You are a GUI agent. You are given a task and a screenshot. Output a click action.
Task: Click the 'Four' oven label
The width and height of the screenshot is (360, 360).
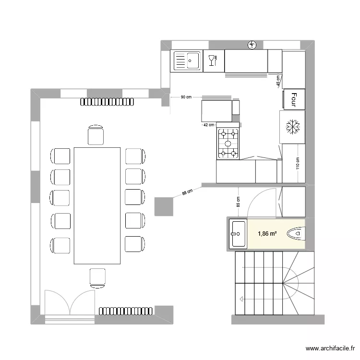pos(294,99)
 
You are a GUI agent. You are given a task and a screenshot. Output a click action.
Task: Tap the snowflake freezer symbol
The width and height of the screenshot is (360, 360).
pos(293,127)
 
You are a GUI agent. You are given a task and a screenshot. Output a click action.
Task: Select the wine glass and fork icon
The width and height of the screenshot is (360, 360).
pos(213,60)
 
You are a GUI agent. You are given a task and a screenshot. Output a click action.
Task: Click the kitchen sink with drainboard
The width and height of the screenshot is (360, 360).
pos(186,61)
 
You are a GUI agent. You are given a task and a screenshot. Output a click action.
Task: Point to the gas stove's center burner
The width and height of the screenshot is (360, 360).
pos(228,144)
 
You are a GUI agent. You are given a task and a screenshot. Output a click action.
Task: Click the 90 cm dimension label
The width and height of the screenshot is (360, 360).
pos(186,97)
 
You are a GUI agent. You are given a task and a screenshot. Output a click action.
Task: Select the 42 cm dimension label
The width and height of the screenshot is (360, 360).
pos(209,125)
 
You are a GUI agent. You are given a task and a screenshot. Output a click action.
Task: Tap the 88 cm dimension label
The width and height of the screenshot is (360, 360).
pos(187,192)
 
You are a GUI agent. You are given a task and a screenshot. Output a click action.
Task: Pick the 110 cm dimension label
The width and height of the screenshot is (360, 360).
pos(298,163)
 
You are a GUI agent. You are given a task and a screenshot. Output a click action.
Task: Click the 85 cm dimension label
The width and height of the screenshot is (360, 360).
pos(238,202)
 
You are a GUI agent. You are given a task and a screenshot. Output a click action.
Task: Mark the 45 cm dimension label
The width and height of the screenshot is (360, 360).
pos(278,81)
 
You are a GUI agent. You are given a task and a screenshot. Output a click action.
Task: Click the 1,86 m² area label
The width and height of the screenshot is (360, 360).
pos(267,234)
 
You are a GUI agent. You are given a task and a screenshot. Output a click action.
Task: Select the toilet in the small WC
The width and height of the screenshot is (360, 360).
pos(296,234)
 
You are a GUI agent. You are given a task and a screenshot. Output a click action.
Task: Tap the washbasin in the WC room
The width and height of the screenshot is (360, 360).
pos(238,234)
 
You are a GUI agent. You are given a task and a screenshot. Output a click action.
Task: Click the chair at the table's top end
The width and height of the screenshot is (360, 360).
pos(96,135)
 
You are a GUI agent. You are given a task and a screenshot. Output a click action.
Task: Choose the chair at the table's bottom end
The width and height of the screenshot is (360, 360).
pos(97,278)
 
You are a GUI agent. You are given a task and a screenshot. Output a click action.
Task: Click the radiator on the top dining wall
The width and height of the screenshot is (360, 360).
pos(107,102)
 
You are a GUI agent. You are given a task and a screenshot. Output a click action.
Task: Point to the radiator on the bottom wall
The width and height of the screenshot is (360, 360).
pos(126,311)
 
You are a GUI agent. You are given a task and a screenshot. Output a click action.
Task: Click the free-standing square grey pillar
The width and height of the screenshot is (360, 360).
pos(164,206)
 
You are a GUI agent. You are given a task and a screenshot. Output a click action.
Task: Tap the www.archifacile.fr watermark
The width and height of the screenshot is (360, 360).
pos(330,348)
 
